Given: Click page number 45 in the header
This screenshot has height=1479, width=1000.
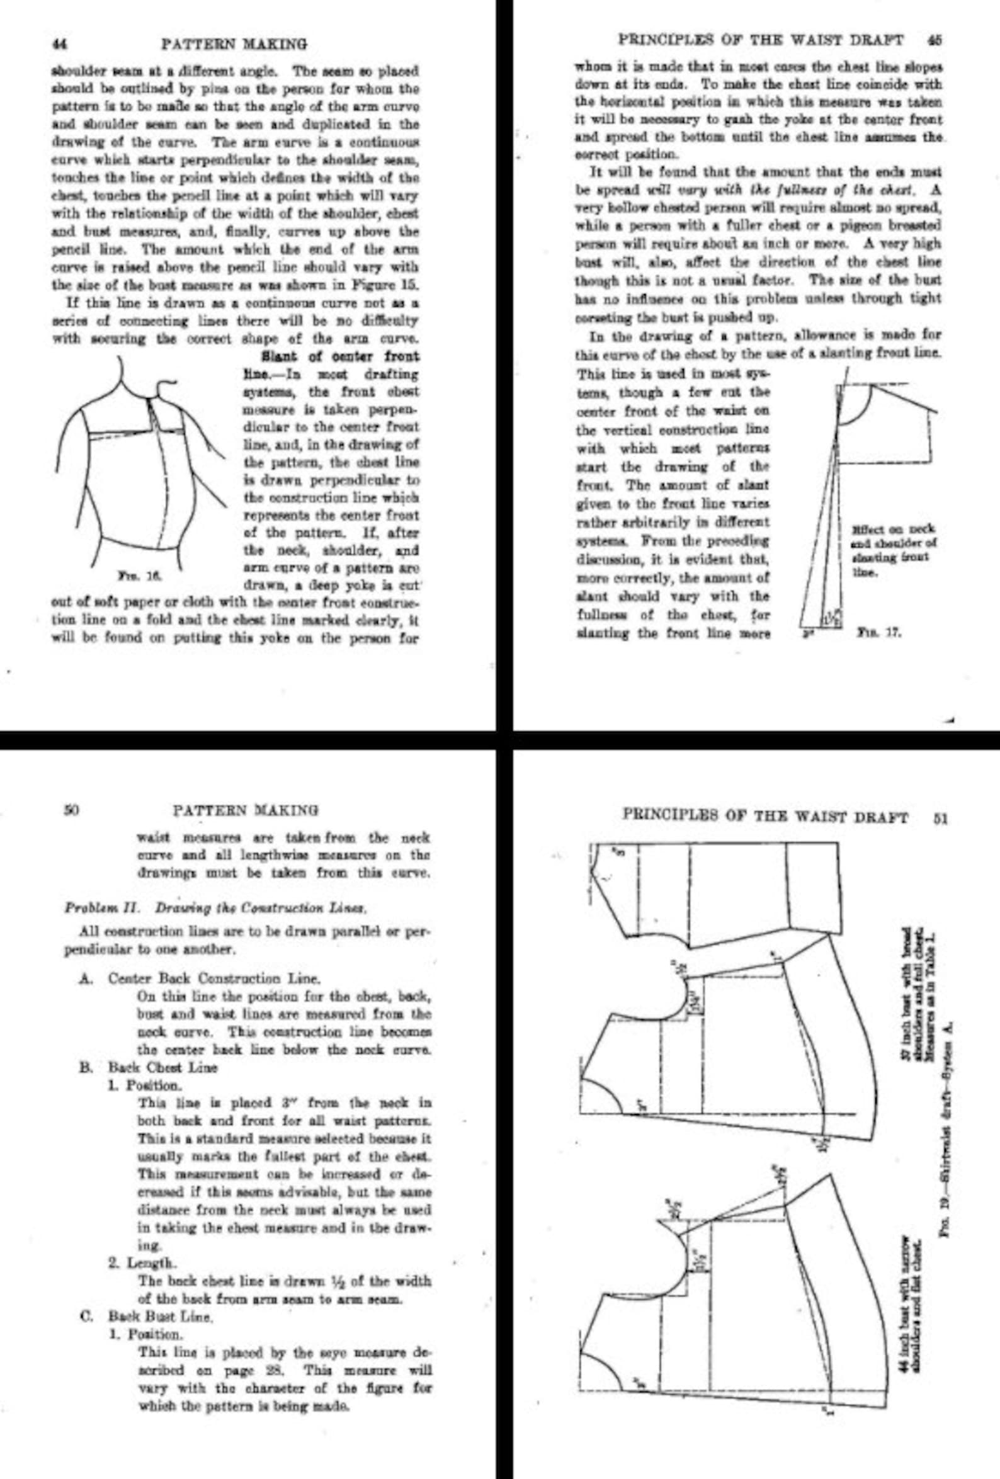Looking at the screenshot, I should pos(935,40).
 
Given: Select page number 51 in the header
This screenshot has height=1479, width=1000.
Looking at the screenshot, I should pos(941,817).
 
